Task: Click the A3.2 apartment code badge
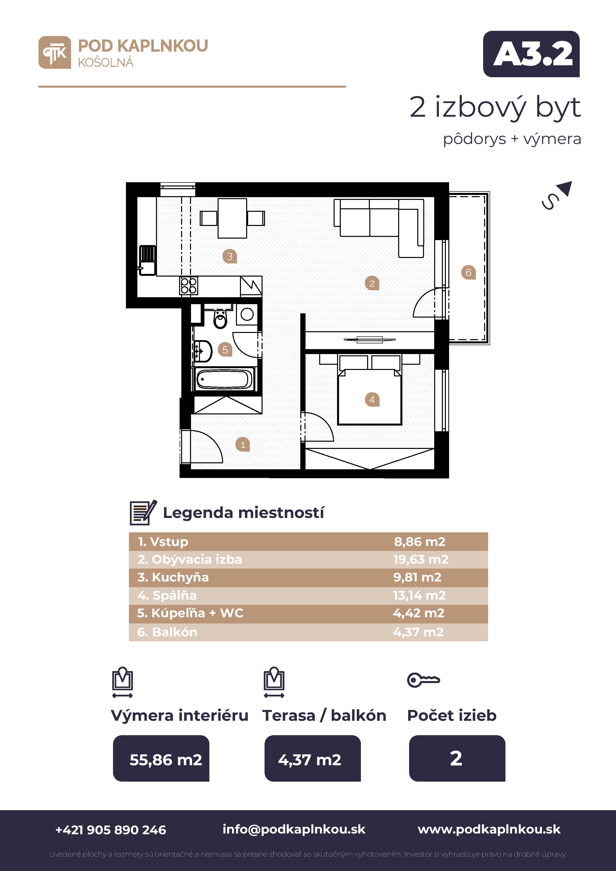point(531,54)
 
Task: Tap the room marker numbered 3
point(230,256)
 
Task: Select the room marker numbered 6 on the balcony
point(468,272)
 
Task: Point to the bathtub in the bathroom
point(224,379)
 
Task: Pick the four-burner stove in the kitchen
point(189,286)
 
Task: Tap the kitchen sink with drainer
point(147,260)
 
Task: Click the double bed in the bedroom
point(369,390)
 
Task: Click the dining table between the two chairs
point(232,218)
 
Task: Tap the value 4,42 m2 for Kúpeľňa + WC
point(419,613)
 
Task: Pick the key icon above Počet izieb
point(423,680)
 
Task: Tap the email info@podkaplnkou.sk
point(294,829)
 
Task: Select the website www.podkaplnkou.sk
point(489,829)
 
